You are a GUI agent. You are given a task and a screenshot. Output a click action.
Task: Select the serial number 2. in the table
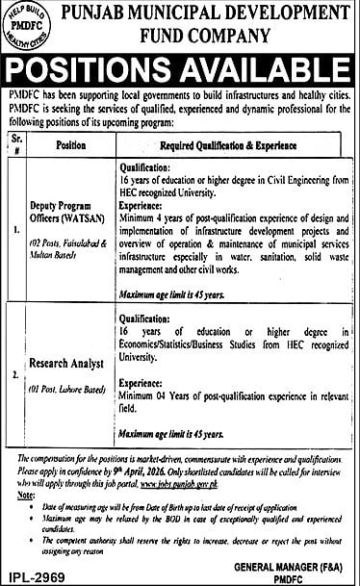(x=13, y=367)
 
